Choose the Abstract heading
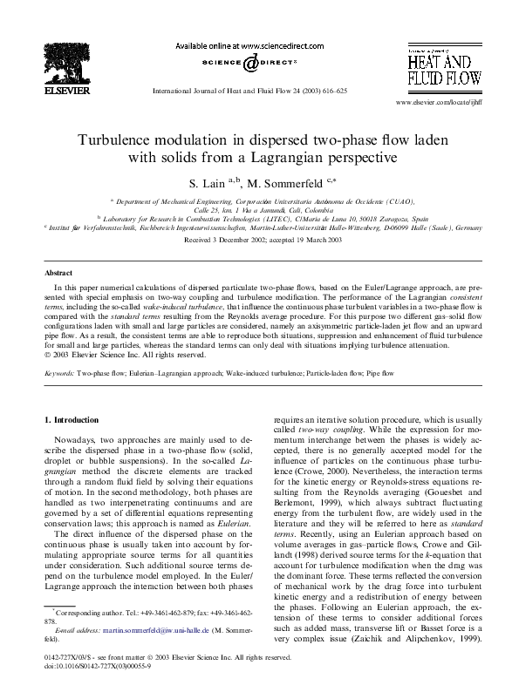58,273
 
